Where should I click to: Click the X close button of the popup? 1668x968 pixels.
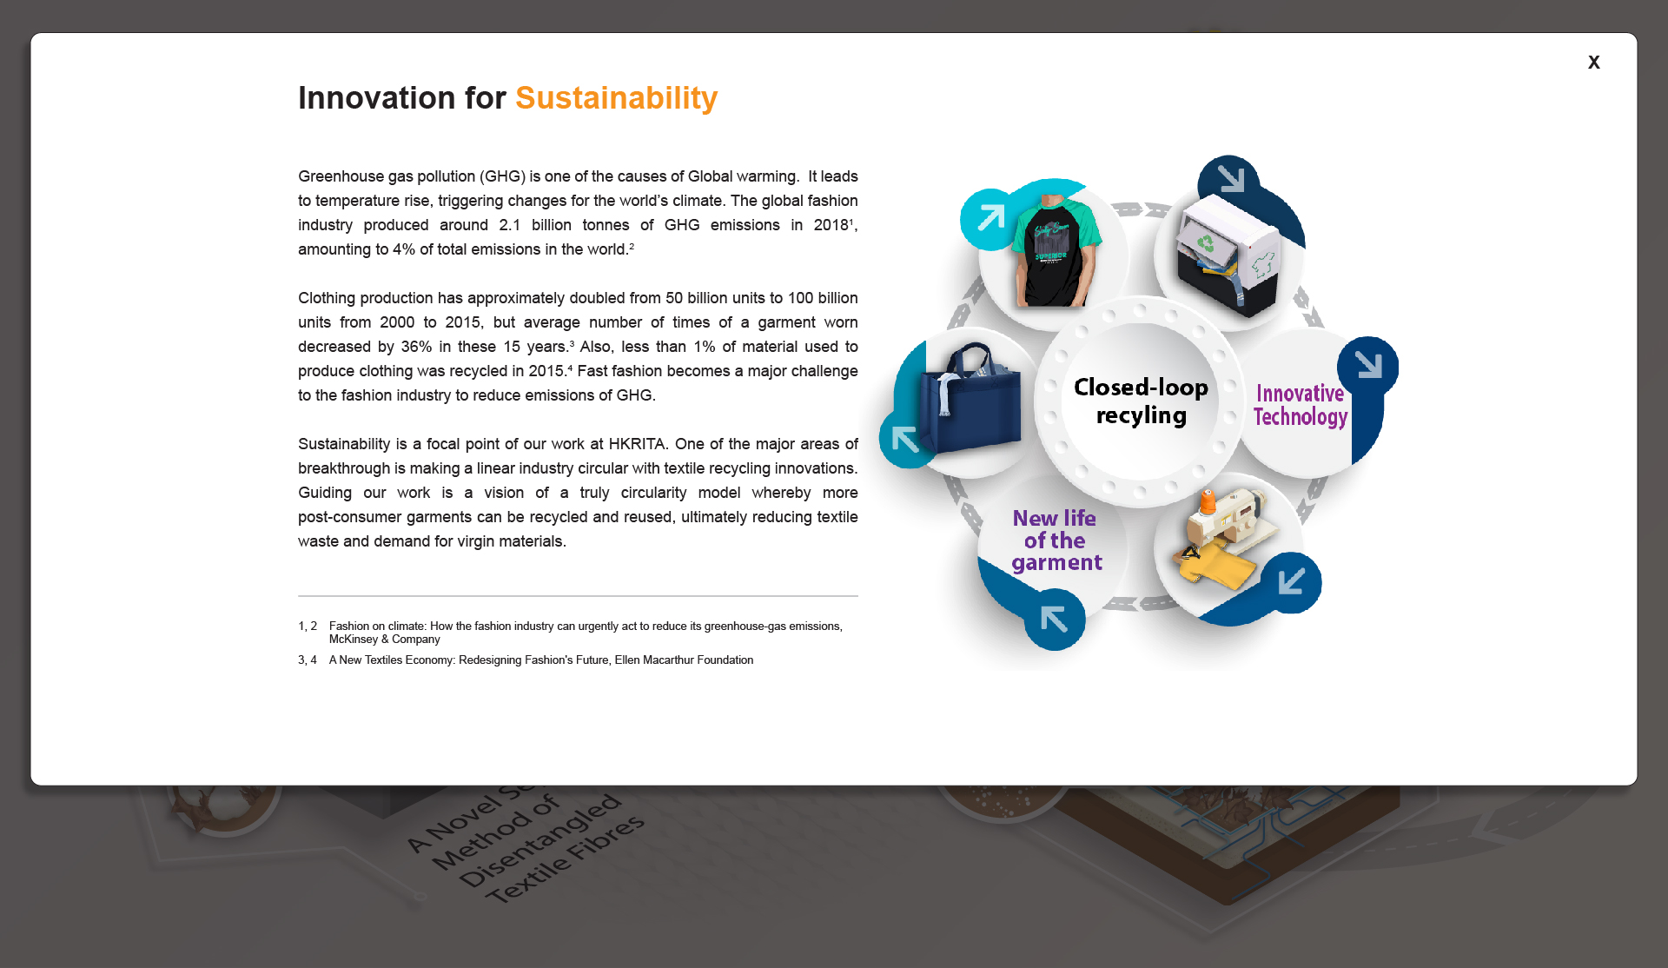[1593, 63]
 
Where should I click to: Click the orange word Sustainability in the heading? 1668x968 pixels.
[616, 98]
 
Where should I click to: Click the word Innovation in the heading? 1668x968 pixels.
[376, 98]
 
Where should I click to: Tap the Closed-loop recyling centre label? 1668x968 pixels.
[1141, 401]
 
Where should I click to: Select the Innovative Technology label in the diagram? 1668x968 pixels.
[1300, 405]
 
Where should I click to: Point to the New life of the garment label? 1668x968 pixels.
[1056, 540]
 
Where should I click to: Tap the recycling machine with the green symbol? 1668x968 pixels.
[1228, 255]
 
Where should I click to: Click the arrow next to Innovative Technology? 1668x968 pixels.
[1368, 365]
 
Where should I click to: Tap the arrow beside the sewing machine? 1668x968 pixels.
[1292, 581]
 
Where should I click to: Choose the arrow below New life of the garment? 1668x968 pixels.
[1054, 620]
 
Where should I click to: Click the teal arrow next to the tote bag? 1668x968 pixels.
[905, 440]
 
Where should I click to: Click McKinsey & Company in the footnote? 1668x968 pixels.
[385, 640]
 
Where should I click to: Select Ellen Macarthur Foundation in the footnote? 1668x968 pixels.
[684, 660]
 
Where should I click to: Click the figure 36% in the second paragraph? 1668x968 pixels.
[416, 347]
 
